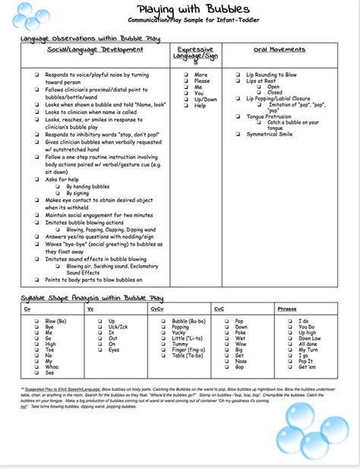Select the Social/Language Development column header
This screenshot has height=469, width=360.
click(94, 49)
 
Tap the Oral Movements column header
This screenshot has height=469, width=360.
click(270, 49)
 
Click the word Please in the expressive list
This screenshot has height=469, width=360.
click(201, 81)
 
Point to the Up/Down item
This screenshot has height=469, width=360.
click(205, 99)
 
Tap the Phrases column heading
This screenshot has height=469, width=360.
click(287, 309)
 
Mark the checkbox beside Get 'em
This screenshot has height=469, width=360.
click(289, 367)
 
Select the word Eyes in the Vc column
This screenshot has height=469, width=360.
click(113, 350)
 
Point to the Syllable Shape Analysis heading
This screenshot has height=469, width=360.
click(92, 298)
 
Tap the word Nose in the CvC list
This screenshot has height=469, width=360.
click(241, 361)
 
